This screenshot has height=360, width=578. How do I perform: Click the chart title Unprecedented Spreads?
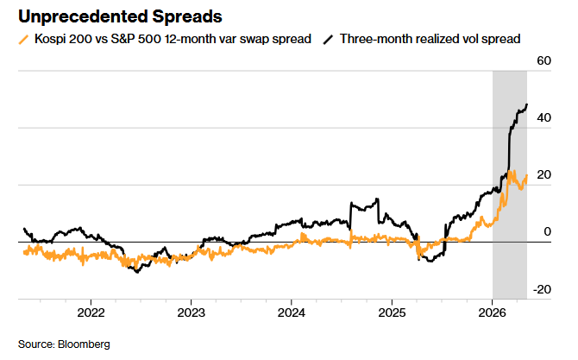[x=120, y=17]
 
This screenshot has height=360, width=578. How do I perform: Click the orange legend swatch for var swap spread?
[x=23, y=40]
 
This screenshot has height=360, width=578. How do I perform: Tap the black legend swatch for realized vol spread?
[x=328, y=40]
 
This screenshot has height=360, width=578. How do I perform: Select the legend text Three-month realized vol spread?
[x=430, y=39]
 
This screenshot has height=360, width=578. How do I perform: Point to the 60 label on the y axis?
[x=543, y=60]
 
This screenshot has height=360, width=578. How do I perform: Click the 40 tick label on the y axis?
[x=543, y=118]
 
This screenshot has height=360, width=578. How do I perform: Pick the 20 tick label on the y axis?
[x=543, y=175]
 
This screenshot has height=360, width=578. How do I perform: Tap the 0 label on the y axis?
[x=548, y=231]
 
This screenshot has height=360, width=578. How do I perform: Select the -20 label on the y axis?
[x=542, y=289]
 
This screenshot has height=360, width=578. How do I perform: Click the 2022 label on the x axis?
[x=91, y=313]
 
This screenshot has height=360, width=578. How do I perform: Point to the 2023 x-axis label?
[x=191, y=313]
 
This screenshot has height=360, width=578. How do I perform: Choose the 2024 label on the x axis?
[x=292, y=313]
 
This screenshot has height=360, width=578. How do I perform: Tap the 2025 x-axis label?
[x=392, y=313]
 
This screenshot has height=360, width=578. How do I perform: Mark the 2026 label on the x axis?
[x=492, y=313]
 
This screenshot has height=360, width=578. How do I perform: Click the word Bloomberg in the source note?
[x=84, y=344]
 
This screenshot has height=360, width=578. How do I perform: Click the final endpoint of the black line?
[x=527, y=104]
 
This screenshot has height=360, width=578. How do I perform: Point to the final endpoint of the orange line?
[x=527, y=175]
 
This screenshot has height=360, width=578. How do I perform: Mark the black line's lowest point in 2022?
[x=137, y=272]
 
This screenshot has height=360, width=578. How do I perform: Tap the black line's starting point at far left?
[x=24, y=229]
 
